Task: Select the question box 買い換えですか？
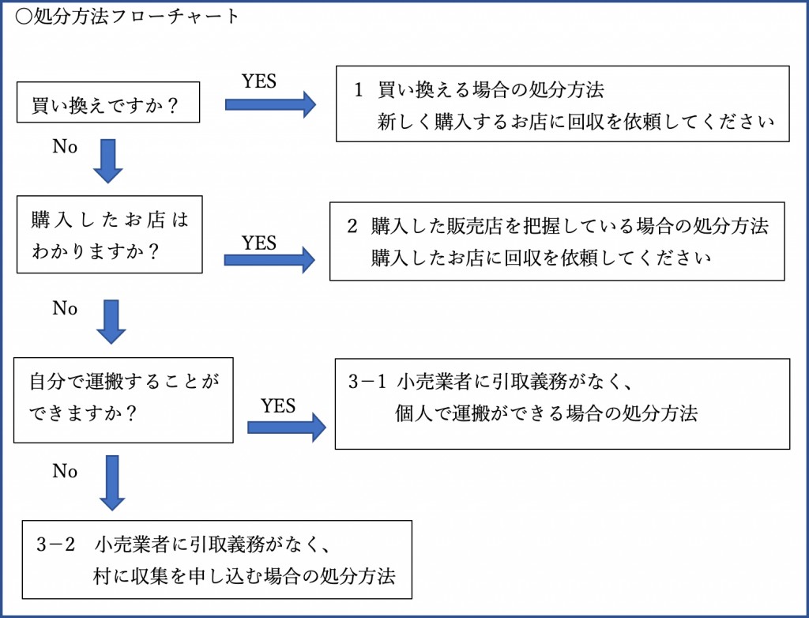coord(108,102)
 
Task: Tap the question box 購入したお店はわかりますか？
coord(109,235)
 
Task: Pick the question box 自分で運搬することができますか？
coord(123,400)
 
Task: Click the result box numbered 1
coord(563,104)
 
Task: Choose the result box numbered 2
coord(557,242)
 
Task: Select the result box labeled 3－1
coord(563,404)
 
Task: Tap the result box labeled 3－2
coord(216,560)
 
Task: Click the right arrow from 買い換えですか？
coord(270,104)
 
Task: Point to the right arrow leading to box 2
coord(269,260)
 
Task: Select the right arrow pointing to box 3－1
coord(287,428)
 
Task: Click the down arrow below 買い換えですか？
coord(107,161)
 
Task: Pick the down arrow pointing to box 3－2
coord(112,483)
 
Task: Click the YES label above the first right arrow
coord(259,81)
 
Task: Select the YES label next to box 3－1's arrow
coord(278,406)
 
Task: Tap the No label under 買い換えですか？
coord(65,147)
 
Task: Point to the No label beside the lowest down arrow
coord(65,471)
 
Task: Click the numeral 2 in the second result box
coord(352,226)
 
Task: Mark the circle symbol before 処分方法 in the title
coord(24,17)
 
